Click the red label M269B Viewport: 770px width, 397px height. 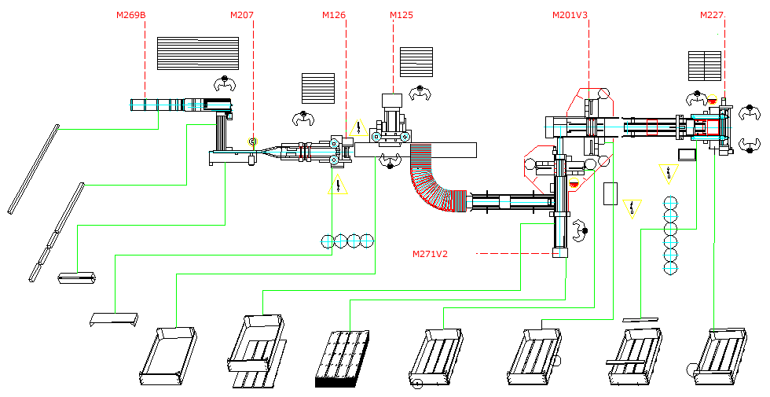coord(130,14)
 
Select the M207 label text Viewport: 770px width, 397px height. coord(242,14)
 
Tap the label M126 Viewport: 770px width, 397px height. coord(334,14)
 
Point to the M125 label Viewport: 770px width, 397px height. coord(401,14)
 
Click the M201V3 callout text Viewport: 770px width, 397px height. coord(570,14)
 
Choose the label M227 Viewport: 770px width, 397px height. coord(713,14)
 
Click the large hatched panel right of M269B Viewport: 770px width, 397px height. coord(198,53)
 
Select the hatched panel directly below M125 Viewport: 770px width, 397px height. coord(416,62)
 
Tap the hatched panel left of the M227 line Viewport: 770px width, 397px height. coord(705,66)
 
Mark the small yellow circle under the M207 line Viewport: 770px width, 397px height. coord(252,142)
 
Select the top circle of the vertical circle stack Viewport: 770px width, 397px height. coord(669,202)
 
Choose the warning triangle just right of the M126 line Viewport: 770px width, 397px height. coord(358,127)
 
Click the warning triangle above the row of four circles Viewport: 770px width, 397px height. coord(339,186)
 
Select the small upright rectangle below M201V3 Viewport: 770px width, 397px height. coord(610,193)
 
